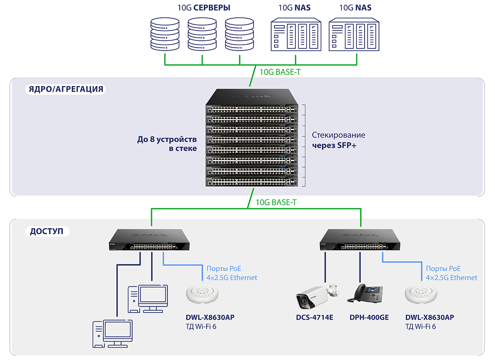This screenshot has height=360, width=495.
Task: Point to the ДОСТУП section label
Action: coord(46,231)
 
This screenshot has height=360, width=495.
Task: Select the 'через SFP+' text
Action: coord(334,145)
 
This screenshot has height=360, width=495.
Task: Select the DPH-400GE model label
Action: coord(369,317)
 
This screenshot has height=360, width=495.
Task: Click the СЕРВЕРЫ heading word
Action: coord(212,8)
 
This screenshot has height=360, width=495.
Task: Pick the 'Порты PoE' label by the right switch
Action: coord(443,269)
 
